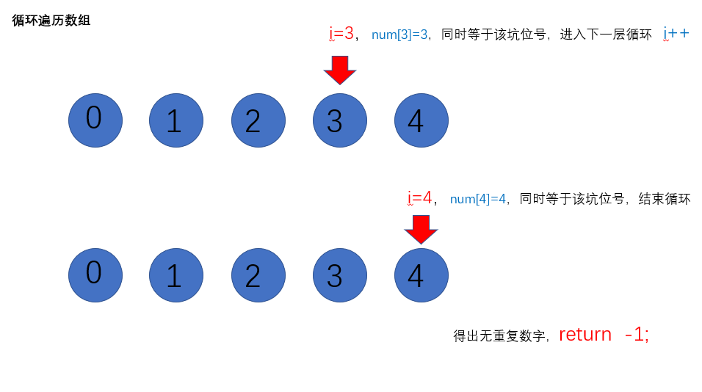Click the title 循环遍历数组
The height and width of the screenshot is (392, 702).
point(51,21)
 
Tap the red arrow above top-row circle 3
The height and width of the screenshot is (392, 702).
point(340,70)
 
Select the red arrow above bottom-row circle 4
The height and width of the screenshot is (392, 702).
point(421,229)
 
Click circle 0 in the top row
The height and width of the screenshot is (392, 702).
point(95,120)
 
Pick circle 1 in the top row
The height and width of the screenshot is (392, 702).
point(176,120)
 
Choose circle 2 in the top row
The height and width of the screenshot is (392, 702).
point(258,120)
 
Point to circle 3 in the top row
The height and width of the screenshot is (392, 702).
point(340,120)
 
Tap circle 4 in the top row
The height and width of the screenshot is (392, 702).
point(421,120)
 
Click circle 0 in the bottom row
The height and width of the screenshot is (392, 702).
point(95,275)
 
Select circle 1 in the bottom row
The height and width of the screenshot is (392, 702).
point(176,275)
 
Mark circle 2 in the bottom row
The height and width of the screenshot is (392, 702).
point(258,275)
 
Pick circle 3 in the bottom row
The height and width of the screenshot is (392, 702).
point(340,275)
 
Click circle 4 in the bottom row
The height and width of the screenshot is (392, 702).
point(421,275)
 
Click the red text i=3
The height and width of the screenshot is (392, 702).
point(341,33)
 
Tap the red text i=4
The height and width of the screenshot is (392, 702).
point(419,197)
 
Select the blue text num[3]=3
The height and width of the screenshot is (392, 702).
point(399,35)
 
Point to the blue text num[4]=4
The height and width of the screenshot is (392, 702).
point(478,199)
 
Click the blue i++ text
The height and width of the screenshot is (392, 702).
point(676,33)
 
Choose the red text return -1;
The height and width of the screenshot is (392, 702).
point(604,335)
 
